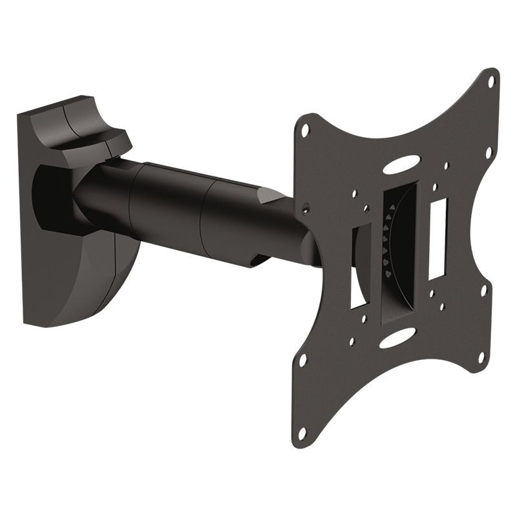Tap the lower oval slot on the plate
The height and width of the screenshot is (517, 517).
tap(397, 337)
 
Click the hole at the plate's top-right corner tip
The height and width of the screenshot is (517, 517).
tap(491, 81)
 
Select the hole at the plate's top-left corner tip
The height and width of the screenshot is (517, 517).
tap(305, 129)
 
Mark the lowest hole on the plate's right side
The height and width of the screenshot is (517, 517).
tap(481, 357)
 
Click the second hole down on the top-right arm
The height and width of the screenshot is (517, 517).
tap(489, 153)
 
